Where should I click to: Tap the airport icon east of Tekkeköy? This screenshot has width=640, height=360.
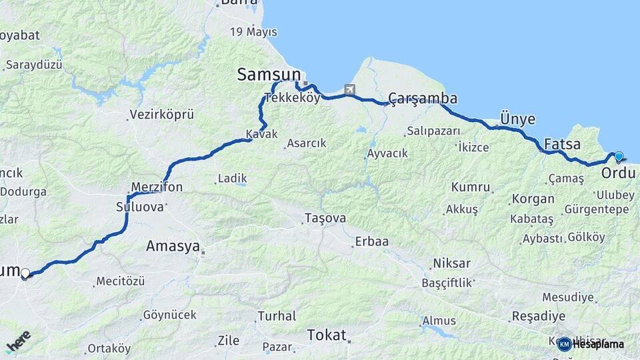(349, 89)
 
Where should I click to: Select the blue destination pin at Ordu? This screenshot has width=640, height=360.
(619, 157)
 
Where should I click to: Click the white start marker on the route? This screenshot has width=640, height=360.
(25, 273)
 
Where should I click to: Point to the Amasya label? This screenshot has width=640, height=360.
(173, 246)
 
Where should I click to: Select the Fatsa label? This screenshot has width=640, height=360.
(562, 144)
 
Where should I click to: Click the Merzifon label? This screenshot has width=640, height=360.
(157, 187)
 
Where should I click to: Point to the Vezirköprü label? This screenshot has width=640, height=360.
(162, 115)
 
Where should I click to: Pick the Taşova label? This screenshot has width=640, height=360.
(325, 218)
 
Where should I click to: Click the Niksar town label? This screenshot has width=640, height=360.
(451, 263)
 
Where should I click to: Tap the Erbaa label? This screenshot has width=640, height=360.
(372, 241)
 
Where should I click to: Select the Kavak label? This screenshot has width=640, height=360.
(261, 134)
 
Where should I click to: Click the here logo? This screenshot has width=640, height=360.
(18, 340)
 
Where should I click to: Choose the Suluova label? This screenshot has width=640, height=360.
(140, 207)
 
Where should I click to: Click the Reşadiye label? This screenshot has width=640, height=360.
(538, 316)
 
